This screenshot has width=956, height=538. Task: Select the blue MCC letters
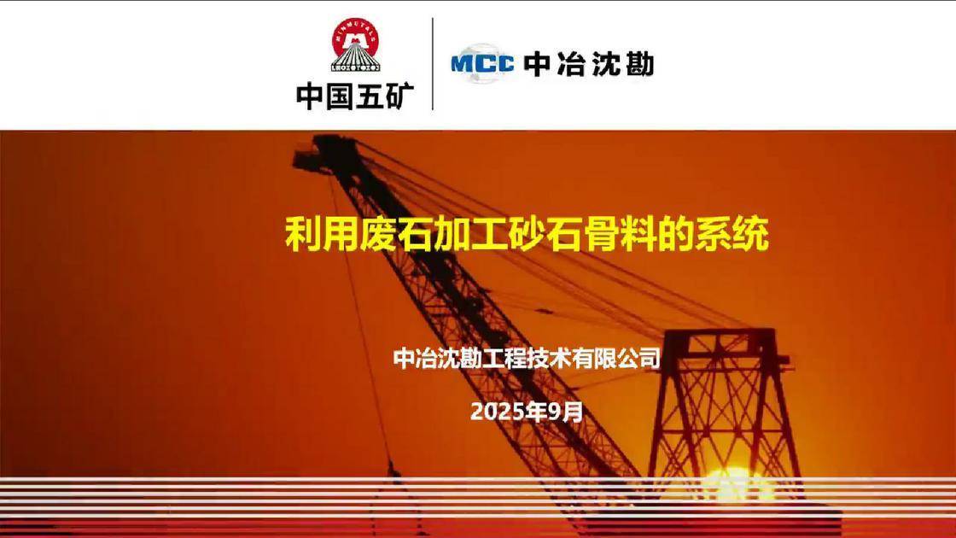(x=481, y=63)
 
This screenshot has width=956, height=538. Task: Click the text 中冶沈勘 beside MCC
(x=588, y=64)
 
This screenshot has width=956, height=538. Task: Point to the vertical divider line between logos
(x=433, y=64)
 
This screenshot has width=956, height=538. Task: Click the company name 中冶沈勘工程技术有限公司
(x=527, y=358)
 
